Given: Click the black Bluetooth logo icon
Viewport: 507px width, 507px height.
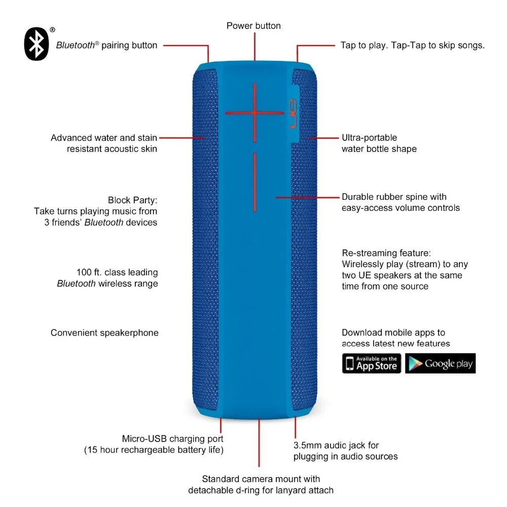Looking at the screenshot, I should tap(37, 44).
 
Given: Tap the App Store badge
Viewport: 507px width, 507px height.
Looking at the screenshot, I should tap(372, 364).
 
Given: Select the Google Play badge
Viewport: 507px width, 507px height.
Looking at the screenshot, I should tap(440, 364).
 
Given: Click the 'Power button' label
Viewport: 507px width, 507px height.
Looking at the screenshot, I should tap(253, 26).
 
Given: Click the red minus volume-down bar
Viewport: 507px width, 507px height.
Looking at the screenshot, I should tap(255, 182).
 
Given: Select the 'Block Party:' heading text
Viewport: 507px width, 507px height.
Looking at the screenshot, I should tap(132, 200).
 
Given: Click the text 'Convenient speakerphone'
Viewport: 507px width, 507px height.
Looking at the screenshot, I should tap(104, 333).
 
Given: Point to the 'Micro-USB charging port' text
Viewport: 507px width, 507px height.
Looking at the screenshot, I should tap(172, 439).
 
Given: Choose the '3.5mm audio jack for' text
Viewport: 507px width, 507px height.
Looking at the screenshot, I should tap(336, 445).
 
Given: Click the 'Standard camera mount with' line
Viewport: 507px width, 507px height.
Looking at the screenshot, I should tap(261, 479).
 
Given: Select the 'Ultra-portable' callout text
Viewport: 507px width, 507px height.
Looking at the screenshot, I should tap(369, 138).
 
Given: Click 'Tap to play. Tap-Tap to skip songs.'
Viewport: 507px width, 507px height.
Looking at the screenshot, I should tap(412, 45).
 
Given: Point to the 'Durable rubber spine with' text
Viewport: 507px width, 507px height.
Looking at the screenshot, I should tap(394, 197).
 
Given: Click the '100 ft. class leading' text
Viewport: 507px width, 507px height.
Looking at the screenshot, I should tap(117, 273).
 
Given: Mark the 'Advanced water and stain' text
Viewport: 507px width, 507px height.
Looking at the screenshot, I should tap(104, 138).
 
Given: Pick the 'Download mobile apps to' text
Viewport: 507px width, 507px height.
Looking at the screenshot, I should tap(393, 333).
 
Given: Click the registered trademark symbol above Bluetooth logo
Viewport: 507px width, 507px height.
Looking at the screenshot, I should tap(52, 30).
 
